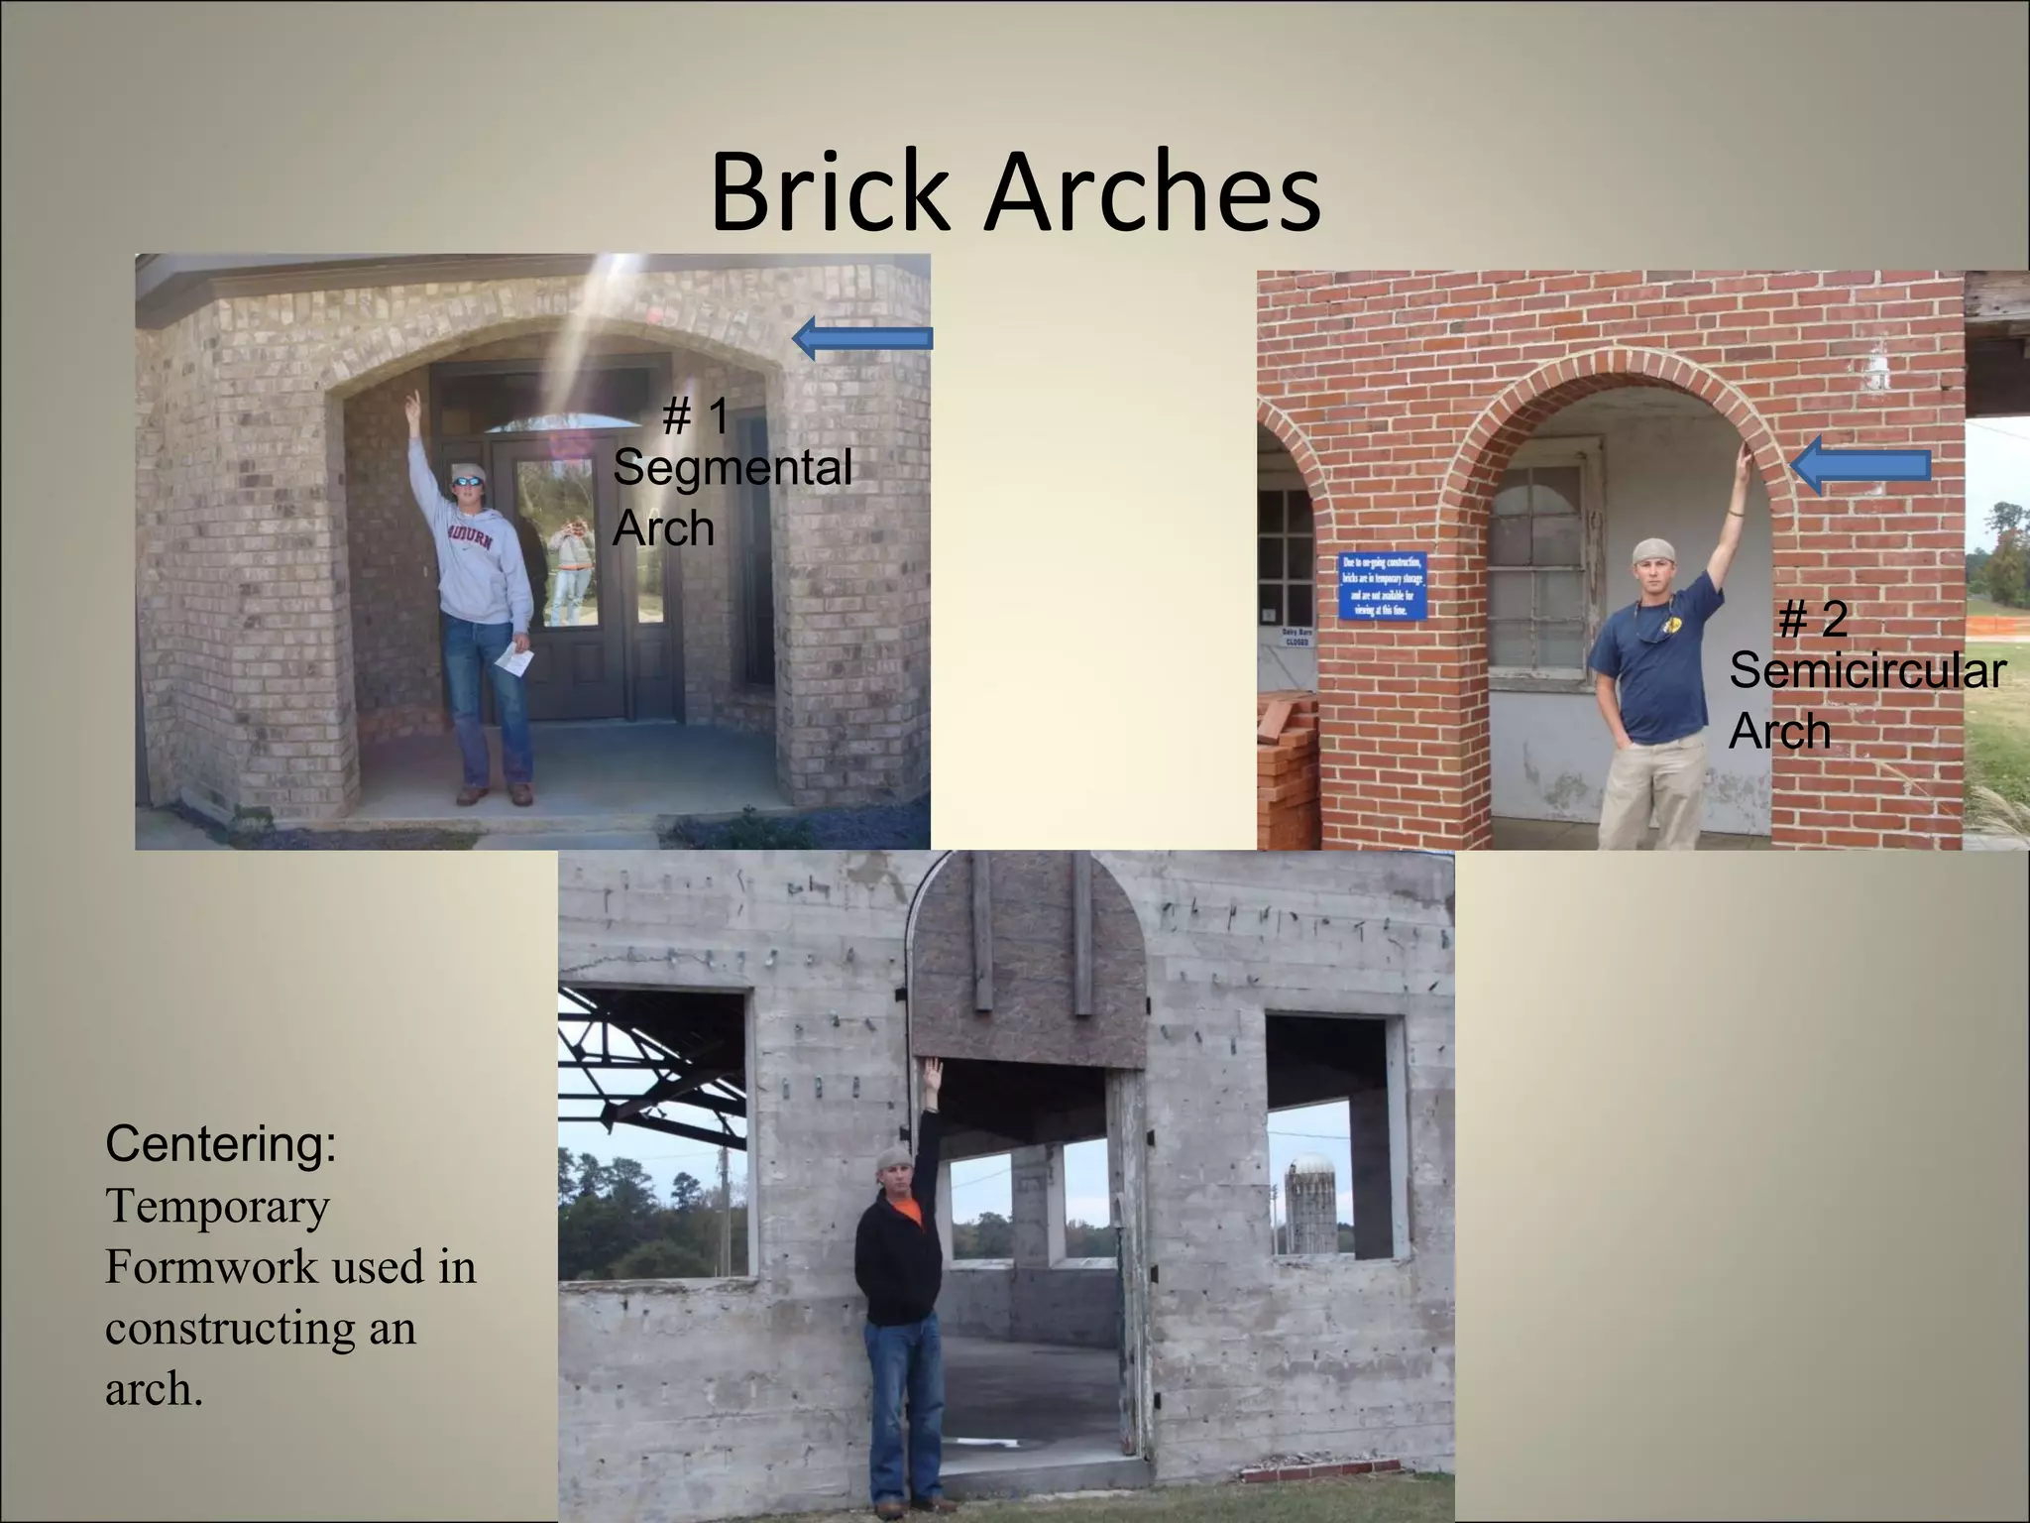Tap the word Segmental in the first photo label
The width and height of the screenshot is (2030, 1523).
click(732, 467)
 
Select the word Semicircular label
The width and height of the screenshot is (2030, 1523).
click(1867, 670)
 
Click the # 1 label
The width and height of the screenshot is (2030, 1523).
click(695, 415)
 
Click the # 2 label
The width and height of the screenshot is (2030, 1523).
click(1813, 620)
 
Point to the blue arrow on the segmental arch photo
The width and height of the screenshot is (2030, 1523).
click(862, 338)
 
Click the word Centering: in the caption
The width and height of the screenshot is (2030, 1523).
click(221, 1143)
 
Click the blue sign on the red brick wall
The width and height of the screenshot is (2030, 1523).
click(1383, 585)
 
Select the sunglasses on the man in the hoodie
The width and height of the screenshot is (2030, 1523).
click(468, 482)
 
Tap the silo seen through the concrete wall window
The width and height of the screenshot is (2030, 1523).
click(1310, 1204)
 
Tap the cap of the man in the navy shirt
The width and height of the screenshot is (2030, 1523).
click(1652, 550)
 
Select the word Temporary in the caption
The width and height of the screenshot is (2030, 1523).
click(217, 1206)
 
